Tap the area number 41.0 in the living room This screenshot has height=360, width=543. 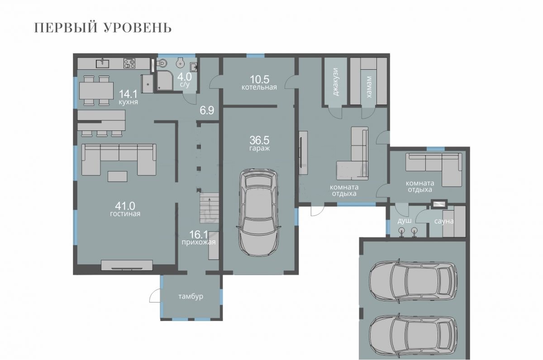[x=125, y=206]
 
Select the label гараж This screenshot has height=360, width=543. [x=259, y=148]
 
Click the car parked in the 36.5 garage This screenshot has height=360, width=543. [x=259, y=211]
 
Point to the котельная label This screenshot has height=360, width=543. [x=259, y=87]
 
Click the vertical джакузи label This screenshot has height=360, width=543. [x=335, y=82]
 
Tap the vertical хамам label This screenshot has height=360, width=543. [x=368, y=87]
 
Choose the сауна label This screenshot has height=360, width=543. [x=443, y=221]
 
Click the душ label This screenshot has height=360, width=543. [x=405, y=221]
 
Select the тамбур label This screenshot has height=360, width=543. [x=191, y=297]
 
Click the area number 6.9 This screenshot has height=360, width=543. [x=207, y=110]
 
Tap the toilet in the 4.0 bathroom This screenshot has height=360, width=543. [x=162, y=64]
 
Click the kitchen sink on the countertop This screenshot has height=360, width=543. [x=102, y=63]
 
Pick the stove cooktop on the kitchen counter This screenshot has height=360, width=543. [x=129, y=63]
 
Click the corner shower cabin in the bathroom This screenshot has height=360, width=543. [x=165, y=81]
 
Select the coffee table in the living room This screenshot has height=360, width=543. [x=117, y=176]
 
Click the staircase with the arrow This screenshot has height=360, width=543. [x=209, y=208]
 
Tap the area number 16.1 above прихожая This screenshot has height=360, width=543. [x=199, y=235]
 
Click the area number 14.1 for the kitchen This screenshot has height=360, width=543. [x=128, y=94]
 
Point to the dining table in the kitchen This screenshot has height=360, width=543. [x=96, y=91]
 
